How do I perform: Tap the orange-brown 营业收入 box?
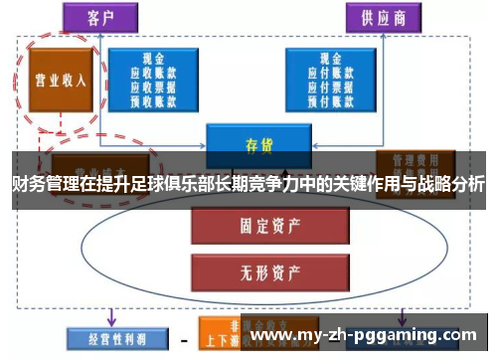pos(61,81)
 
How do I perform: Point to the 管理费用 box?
pos(415,164)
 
